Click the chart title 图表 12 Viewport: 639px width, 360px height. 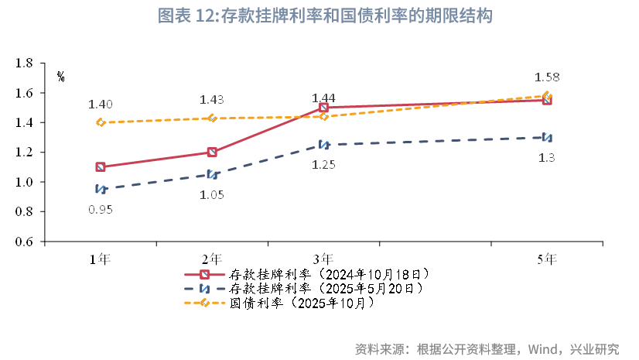coord(324,15)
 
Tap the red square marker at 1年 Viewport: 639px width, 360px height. coord(101,166)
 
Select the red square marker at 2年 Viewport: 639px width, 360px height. coord(212,153)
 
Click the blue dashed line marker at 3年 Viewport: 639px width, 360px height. coord(323,145)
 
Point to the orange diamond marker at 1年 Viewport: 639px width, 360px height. coord(101,122)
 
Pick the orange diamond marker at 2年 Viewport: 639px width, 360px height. coord(212,118)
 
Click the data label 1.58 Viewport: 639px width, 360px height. coord(547,77)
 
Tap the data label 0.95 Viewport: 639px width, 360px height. coord(101,209)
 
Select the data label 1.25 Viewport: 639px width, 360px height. coord(323,165)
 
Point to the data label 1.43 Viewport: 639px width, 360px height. coord(212,99)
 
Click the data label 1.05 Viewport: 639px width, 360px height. coord(212,194)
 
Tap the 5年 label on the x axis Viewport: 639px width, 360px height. coord(547,259)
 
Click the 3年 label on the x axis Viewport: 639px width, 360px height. coord(323,259)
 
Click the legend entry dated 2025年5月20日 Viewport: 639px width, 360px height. coord(326,288)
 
